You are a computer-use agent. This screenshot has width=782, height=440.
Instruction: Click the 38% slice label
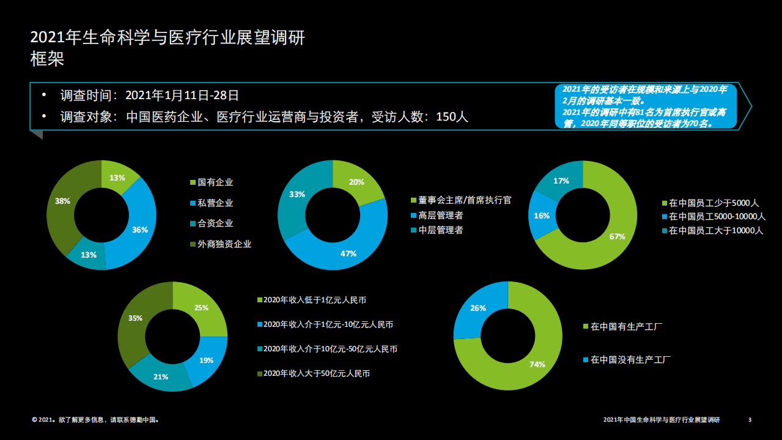point(62,201)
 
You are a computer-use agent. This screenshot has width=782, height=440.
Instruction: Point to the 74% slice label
point(537,364)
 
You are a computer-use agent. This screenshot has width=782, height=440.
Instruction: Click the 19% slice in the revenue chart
point(206,360)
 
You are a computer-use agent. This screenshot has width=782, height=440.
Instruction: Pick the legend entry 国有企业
point(215,182)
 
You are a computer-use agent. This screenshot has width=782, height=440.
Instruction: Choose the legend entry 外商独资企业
point(224,244)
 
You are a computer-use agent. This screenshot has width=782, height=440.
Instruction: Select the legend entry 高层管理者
point(440,215)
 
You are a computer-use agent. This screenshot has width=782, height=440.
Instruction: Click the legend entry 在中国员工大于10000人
point(716,231)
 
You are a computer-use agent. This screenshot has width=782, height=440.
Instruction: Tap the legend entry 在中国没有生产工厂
point(631,360)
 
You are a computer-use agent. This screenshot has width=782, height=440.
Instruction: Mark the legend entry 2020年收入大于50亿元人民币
point(316,373)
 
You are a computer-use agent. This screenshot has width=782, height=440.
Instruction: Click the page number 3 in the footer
point(750,420)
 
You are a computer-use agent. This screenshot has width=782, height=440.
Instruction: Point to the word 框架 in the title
point(47,59)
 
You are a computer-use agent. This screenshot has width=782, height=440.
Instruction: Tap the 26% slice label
point(478,308)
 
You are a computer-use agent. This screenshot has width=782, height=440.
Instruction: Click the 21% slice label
point(161,376)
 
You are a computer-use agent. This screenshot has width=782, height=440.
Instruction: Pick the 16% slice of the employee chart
point(542,215)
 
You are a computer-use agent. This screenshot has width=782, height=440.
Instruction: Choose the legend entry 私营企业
point(215,203)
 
